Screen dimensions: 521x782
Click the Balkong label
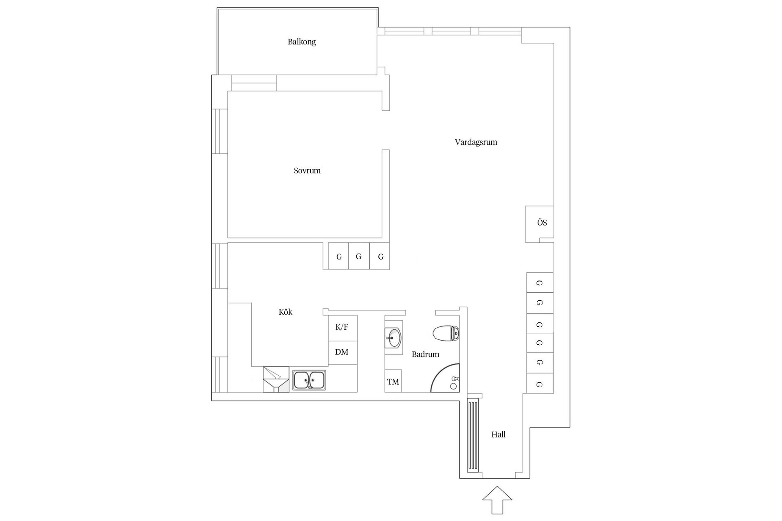301,42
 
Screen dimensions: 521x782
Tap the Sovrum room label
307,171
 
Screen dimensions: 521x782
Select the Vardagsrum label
476,142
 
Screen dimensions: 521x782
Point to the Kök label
286,312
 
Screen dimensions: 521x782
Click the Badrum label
425,354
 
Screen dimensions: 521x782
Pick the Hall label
498,434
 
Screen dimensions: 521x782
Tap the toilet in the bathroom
446,333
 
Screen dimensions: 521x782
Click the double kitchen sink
309,380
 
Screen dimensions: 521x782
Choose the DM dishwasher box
342,352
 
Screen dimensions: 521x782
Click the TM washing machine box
393,381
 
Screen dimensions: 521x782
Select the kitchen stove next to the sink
276,379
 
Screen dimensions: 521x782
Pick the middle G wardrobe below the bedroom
359,256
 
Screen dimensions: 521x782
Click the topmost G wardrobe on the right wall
539,283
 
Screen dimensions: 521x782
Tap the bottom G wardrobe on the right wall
539,383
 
